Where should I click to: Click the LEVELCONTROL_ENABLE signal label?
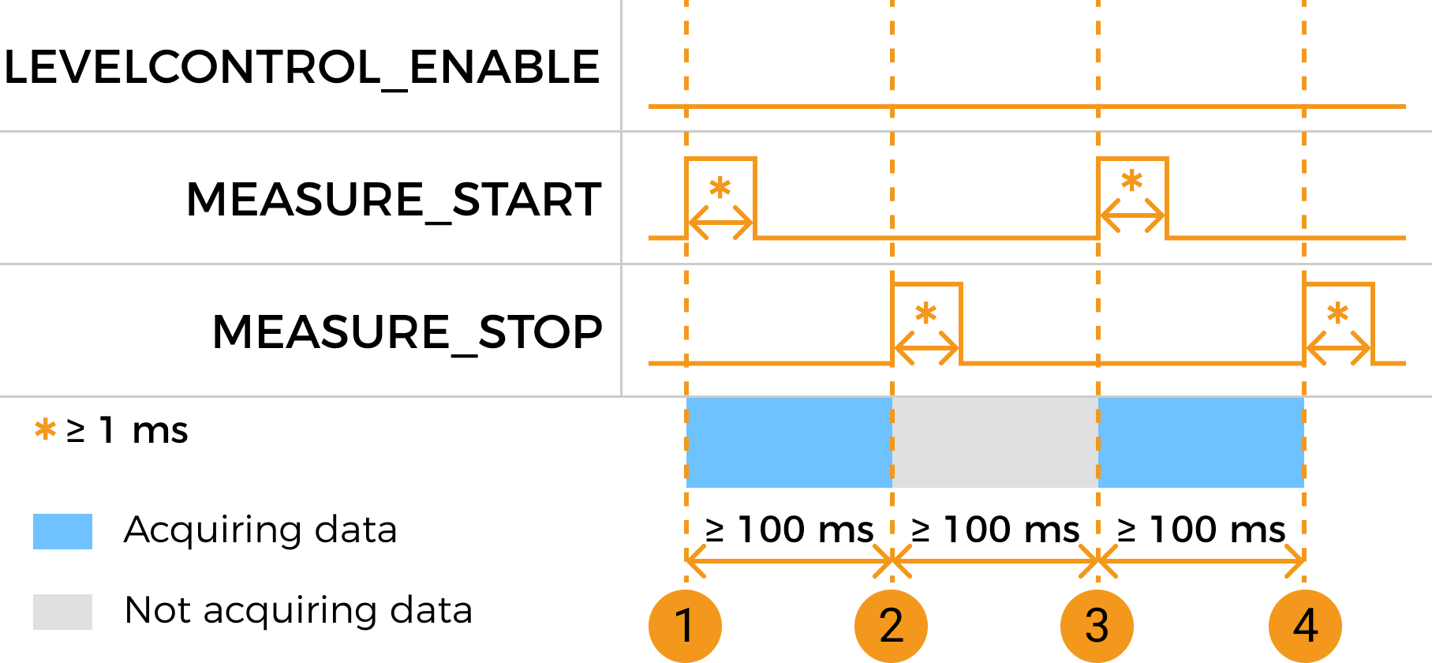pyautogui.click(x=301, y=67)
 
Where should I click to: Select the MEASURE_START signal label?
pyautogui.click(x=394, y=199)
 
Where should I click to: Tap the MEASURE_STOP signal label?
pyautogui.click(x=407, y=331)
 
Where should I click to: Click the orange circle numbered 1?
pyautogui.click(x=685, y=626)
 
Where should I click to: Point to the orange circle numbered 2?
pyautogui.click(x=891, y=626)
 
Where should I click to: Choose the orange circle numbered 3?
pyautogui.click(x=1097, y=626)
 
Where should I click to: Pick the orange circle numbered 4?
pyautogui.click(x=1305, y=626)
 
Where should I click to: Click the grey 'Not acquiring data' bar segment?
pyautogui.click(x=995, y=442)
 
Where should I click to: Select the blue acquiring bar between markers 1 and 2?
pyautogui.click(x=789, y=442)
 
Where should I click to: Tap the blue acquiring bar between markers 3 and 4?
pyautogui.click(x=1201, y=442)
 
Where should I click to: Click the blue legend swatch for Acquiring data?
pyautogui.click(x=62, y=531)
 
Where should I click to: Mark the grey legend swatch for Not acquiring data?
pyautogui.click(x=62, y=612)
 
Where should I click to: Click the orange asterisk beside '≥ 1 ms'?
pyautogui.click(x=46, y=430)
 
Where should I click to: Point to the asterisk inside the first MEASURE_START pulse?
pyautogui.click(x=720, y=188)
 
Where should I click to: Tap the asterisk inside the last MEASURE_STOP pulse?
pyautogui.click(x=1337, y=313)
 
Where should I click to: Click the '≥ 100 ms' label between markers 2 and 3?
pyautogui.click(x=995, y=530)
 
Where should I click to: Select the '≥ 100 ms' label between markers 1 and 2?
pyautogui.click(x=789, y=530)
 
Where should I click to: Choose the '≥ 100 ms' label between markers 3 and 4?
pyautogui.click(x=1202, y=530)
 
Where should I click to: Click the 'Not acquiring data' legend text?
pyautogui.click(x=298, y=611)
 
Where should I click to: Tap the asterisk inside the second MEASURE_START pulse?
pyautogui.click(x=1131, y=181)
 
